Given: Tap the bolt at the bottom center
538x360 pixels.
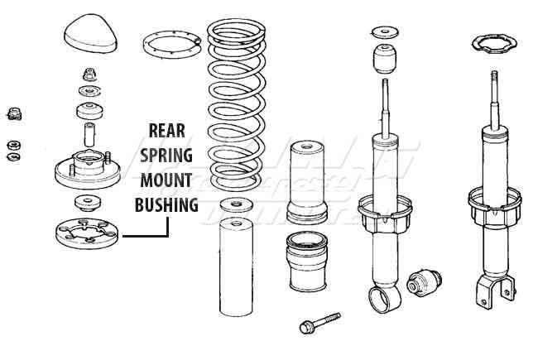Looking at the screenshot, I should tap(319, 324).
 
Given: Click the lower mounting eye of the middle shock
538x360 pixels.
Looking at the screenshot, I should tap(384, 295).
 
